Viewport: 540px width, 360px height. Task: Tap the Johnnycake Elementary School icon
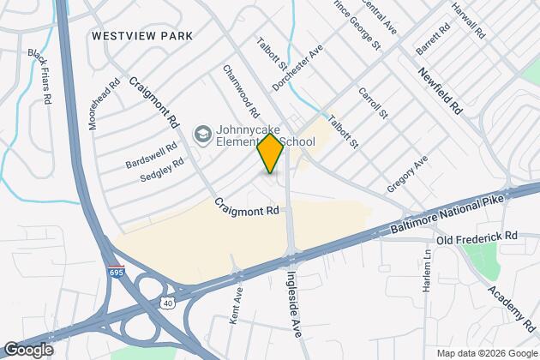tap(202, 135)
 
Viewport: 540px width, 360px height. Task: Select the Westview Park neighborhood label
tap(141, 37)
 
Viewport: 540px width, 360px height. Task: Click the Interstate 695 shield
tap(116, 272)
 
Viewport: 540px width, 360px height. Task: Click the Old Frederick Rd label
tap(477, 235)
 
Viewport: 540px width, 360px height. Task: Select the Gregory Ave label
tap(406, 175)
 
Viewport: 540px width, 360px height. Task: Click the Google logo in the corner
tap(28, 350)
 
